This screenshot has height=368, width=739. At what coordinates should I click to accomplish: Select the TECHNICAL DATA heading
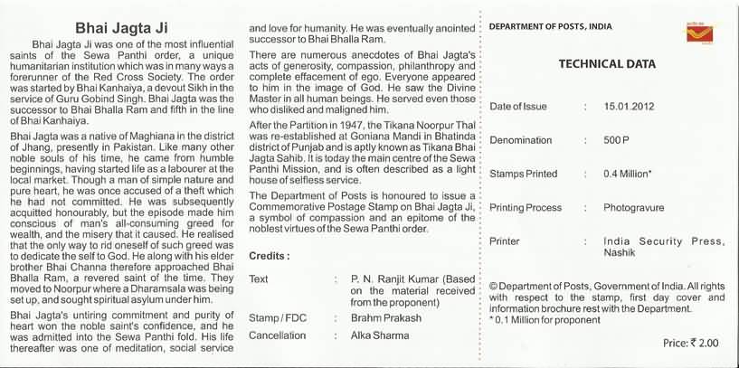(603, 64)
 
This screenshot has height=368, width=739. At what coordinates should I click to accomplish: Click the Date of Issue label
(518, 107)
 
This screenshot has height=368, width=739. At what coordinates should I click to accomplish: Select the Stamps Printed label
(525, 174)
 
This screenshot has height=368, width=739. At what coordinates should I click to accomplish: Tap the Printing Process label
(526, 208)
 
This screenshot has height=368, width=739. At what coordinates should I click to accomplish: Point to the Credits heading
(269, 257)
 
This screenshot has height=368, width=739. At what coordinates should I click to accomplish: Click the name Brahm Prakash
(386, 318)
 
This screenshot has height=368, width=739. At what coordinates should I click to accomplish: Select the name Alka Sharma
(381, 335)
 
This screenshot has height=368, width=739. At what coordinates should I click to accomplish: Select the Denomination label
(520, 140)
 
